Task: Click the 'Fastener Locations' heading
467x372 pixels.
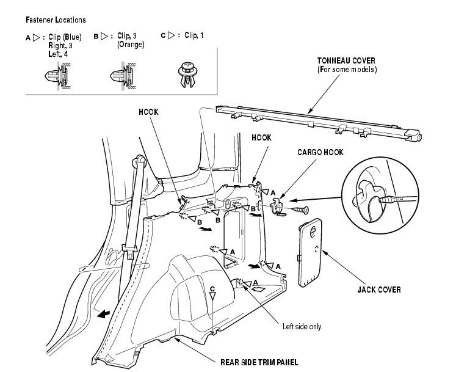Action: (56, 20)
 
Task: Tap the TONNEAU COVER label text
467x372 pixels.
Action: (346, 61)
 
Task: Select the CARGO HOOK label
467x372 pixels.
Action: (320, 152)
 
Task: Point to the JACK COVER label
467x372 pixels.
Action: (379, 290)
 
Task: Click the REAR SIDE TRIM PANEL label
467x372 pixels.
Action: (259, 362)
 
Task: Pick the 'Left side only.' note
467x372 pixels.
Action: (302, 327)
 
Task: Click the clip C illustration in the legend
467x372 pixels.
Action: (187, 75)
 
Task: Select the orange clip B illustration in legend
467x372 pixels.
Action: (123, 76)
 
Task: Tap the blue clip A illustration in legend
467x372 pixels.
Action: (57, 76)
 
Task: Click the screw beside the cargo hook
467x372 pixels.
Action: (300, 210)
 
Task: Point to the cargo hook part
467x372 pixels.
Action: (278, 206)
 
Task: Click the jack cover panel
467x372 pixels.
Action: (310, 252)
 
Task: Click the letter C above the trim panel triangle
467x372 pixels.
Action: (212, 289)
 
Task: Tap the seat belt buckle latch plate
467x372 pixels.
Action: (129, 251)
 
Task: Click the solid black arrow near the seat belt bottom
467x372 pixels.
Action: (104, 314)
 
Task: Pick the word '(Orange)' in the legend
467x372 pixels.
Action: (131, 45)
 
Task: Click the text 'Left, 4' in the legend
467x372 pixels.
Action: (58, 54)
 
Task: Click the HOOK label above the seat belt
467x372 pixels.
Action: (148, 112)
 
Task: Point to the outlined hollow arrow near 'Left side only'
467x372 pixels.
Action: (258, 288)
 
